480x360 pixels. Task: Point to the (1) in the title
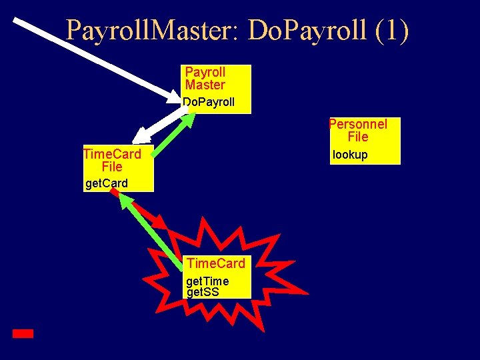392,30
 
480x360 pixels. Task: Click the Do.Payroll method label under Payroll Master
209,103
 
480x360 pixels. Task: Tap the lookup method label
350,155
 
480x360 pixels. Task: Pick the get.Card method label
106,183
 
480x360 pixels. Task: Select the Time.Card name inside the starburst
216,263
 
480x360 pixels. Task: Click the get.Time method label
207,281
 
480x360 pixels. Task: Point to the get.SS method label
203,291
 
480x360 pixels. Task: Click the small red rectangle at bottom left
23,333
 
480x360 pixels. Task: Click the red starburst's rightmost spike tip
307,293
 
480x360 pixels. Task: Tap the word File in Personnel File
358,137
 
